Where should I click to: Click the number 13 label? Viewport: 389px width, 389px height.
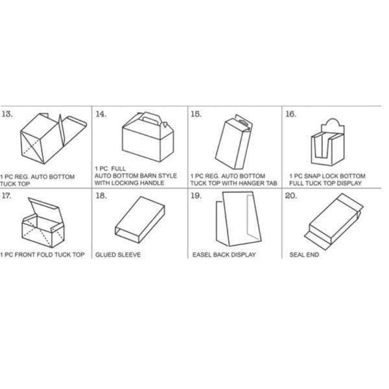point(7,114)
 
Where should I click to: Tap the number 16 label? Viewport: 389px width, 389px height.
point(290,114)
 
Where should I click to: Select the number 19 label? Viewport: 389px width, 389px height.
point(196,196)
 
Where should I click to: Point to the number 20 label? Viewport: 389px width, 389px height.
point(290,196)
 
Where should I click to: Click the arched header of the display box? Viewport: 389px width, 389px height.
point(333,126)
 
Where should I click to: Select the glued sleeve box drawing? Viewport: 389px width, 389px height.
point(140,220)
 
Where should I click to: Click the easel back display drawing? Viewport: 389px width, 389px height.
point(239,219)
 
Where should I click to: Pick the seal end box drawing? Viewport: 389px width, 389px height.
point(334,222)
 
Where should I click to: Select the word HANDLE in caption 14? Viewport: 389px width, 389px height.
point(152,183)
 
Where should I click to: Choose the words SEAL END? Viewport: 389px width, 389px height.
point(304,255)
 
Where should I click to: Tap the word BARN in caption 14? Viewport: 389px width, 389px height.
point(147,176)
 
